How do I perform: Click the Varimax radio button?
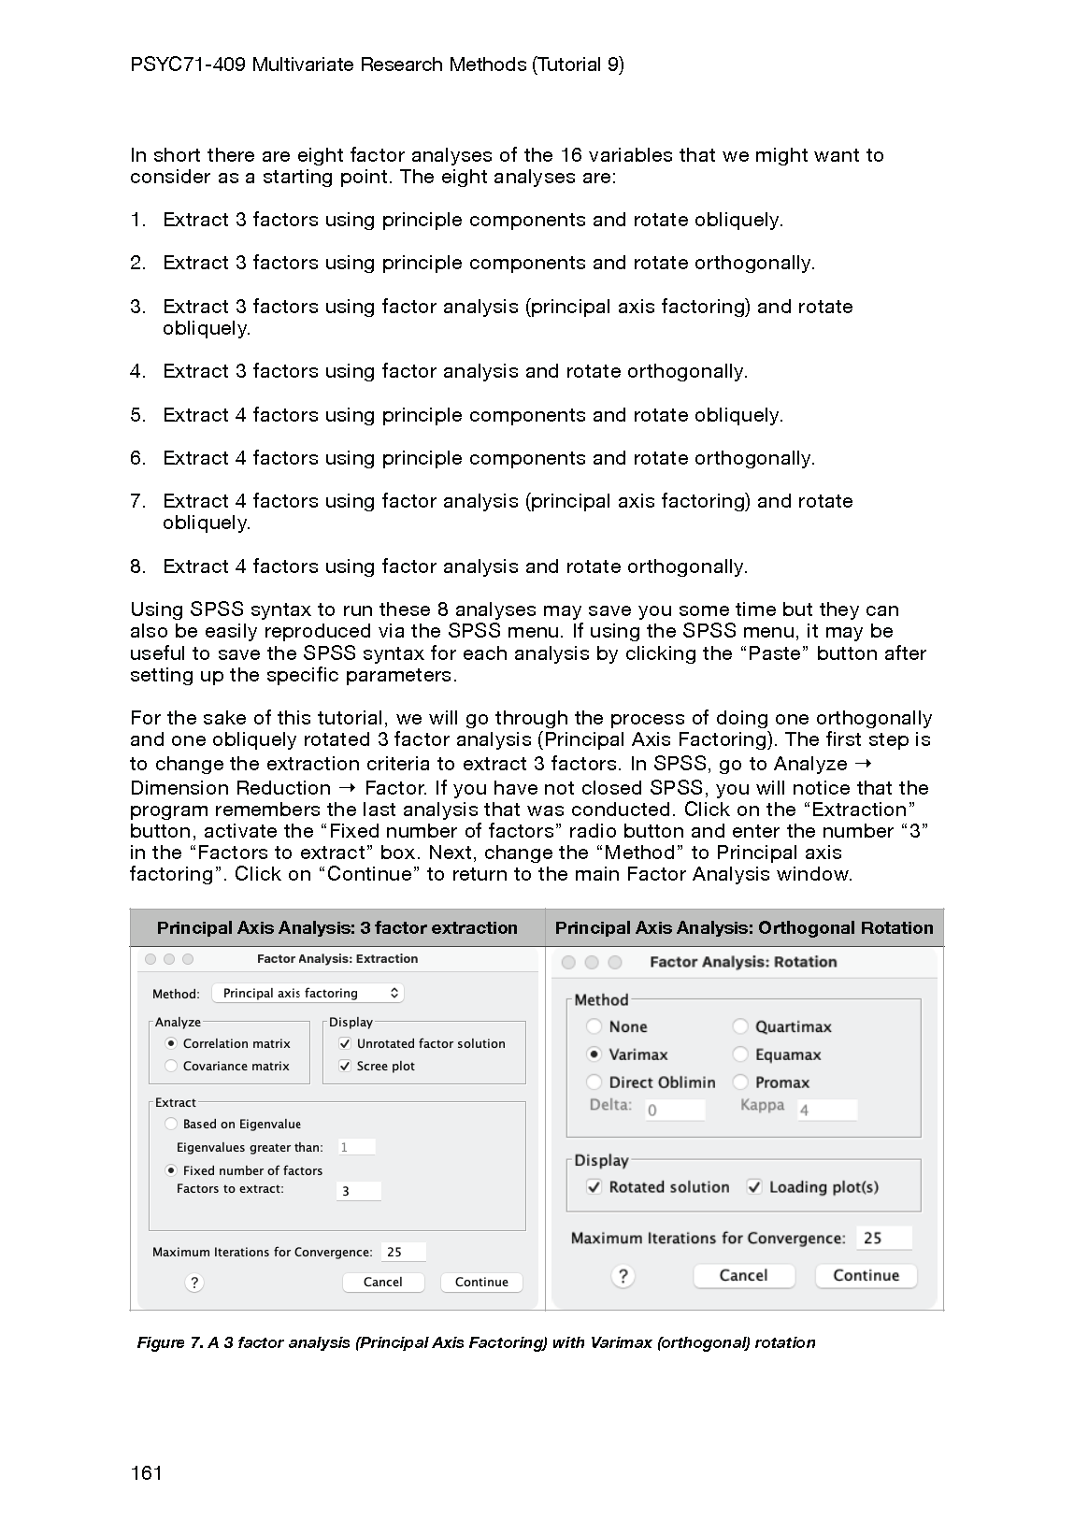point(594,1054)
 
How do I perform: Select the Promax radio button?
point(740,1083)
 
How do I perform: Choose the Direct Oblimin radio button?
point(594,1083)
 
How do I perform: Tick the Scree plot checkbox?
point(345,1067)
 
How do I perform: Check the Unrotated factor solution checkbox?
point(345,1044)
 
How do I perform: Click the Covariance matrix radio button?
point(171,1067)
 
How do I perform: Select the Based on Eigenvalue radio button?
point(171,1125)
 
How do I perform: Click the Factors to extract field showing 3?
point(358,1191)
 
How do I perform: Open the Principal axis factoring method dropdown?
point(308,994)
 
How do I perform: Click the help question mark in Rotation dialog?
point(623,1276)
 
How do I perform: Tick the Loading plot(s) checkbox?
point(754,1187)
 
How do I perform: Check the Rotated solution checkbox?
point(594,1187)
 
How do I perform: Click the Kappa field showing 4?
point(826,1110)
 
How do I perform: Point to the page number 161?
point(147,1474)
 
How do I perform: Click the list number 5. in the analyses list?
point(138,415)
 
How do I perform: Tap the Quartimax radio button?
point(740,1026)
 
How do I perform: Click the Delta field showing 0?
point(674,1110)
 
